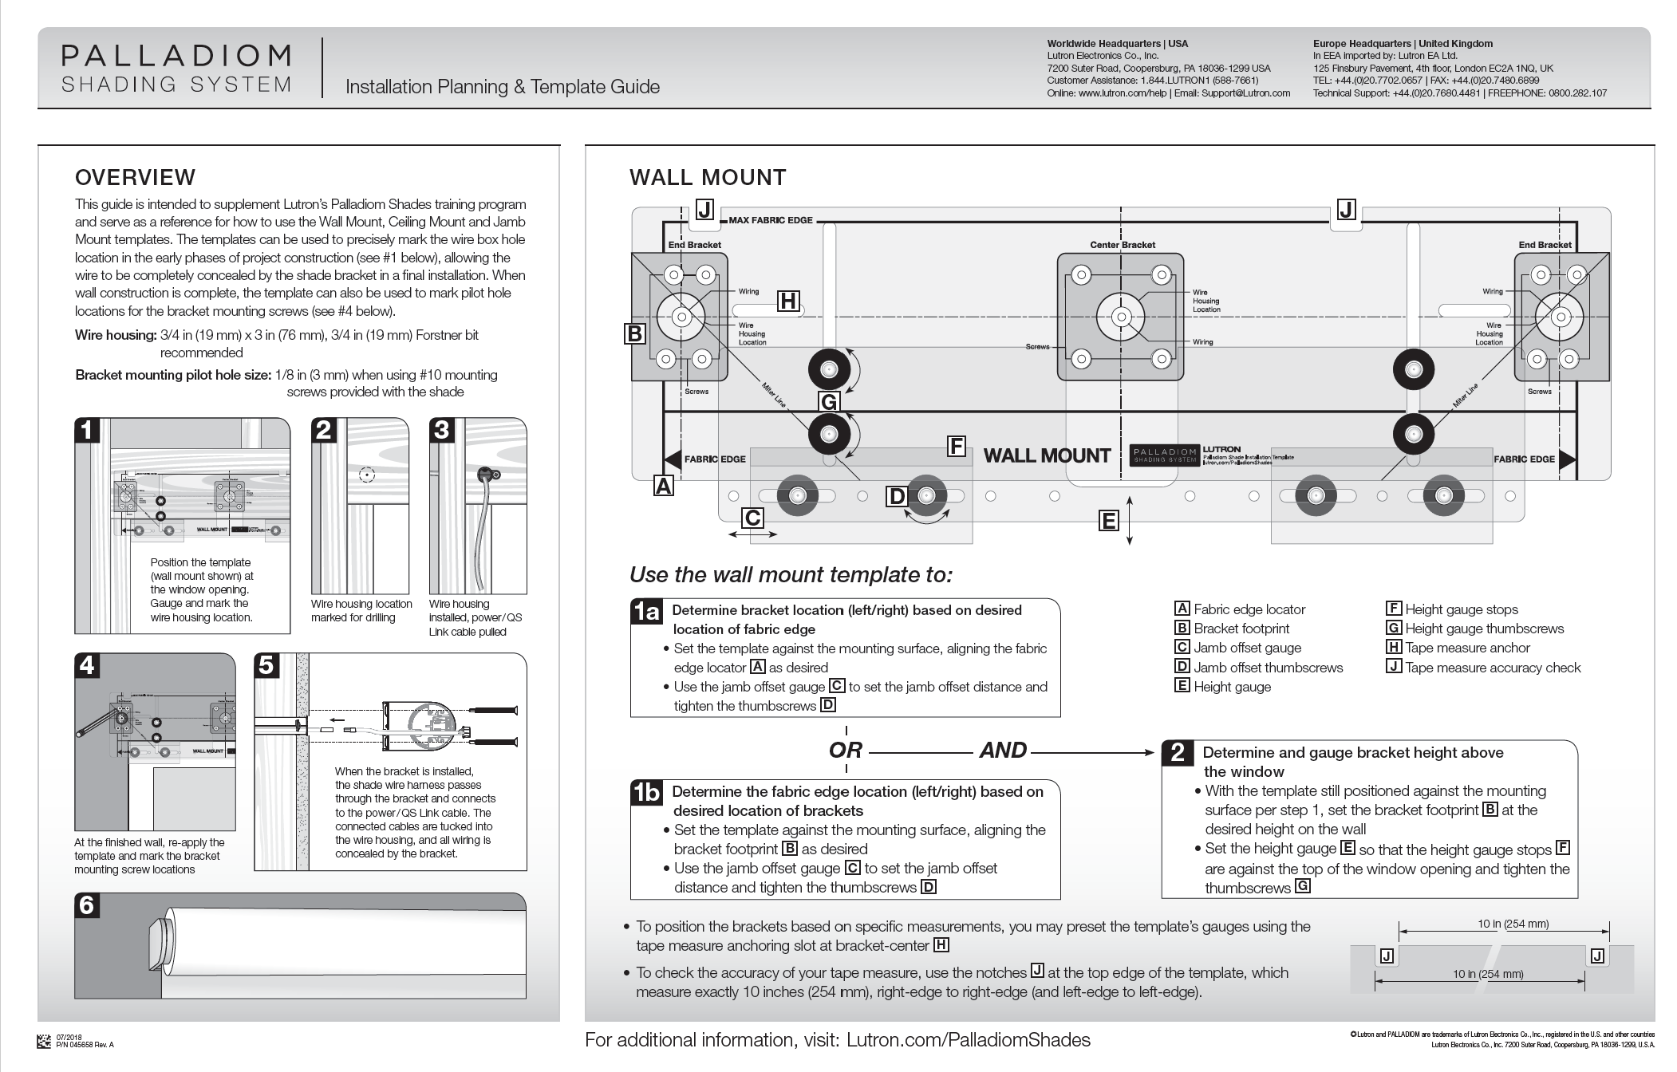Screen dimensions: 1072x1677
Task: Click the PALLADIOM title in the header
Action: click(x=176, y=56)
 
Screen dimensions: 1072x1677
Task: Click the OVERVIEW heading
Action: click(x=135, y=177)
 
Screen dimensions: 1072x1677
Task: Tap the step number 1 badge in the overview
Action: click(x=87, y=431)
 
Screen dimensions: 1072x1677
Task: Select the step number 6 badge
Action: click(x=87, y=905)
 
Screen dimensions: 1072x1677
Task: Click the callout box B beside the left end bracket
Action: click(x=635, y=333)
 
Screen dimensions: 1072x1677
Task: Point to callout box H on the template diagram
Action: click(x=788, y=301)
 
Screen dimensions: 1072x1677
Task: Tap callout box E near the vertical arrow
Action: click(x=1108, y=521)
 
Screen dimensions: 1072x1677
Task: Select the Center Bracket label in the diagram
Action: click(x=1122, y=245)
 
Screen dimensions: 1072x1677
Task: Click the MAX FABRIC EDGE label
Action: click(x=770, y=220)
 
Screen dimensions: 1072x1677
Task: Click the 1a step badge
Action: click(x=646, y=612)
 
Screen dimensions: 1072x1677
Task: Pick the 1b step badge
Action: click(x=646, y=793)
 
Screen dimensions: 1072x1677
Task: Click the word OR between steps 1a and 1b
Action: click(x=846, y=751)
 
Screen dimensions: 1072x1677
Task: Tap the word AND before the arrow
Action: click(x=1003, y=751)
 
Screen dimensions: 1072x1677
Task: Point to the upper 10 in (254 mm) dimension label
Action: click(x=1513, y=924)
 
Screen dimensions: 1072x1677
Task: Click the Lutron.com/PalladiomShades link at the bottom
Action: click(x=968, y=1039)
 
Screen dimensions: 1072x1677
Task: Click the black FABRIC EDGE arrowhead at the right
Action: click(x=1567, y=459)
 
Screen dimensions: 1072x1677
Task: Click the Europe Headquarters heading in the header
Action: click(x=1403, y=44)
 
